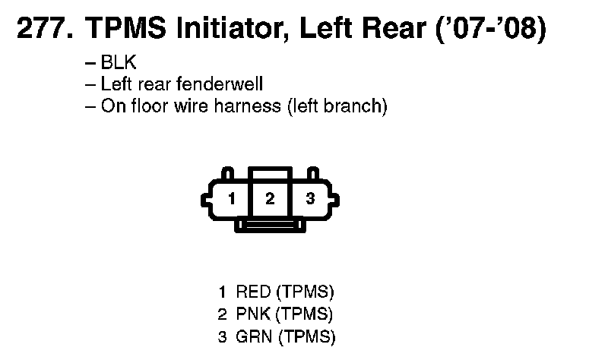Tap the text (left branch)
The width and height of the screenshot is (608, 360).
pyautogui.click(x=337, y=106)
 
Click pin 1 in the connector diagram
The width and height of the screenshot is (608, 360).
pyautogui.click(x=231, y=200)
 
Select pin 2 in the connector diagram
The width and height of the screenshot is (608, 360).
pyautogui.click(x=269, y=200)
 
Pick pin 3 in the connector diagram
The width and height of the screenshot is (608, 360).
pyautogui.click(x=309, y=200)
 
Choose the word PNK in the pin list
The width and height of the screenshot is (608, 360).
pyautogui.click(x=252, y=314)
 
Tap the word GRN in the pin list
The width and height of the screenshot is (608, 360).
pyautogui.click(x=252, y=336)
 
